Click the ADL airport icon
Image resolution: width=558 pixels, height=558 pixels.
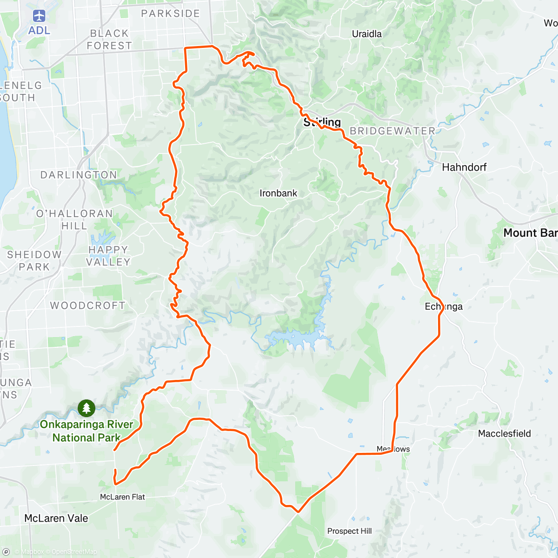[x=39, y=16]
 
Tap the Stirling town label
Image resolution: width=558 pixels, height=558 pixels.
[x=322, y=122]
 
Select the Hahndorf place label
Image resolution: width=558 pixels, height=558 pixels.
[x=464, y=167]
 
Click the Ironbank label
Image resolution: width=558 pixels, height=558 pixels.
[x=278, y=193]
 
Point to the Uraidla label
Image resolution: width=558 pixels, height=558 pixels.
[x=367, y=34]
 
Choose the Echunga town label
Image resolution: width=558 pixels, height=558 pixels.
[x=444, y=306]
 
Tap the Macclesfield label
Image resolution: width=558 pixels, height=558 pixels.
[x=505, y=434]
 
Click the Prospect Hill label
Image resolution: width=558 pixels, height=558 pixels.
[x=349, y=531]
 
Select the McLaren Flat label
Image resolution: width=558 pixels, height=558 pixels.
[x=122, y=497]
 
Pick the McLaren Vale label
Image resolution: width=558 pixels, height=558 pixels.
[x=56, y=518]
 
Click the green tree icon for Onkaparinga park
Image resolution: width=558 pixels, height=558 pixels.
[x=86, y=408]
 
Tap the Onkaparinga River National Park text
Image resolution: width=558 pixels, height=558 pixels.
[x=86, y=431]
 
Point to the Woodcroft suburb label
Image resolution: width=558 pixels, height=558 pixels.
[x=87, y=306]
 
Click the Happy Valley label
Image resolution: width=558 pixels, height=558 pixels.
[x=108, y=256]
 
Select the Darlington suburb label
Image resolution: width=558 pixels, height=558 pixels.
[x=79, y=175]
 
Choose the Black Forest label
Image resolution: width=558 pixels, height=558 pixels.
[x=109, y=40]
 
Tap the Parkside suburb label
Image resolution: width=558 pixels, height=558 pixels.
[x=170, y=13]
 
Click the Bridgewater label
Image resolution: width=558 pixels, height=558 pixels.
[x=392, y=131]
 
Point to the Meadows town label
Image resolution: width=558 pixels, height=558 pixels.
[x=393, y=449]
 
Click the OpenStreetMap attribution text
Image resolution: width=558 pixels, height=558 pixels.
[x=74, y=552]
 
